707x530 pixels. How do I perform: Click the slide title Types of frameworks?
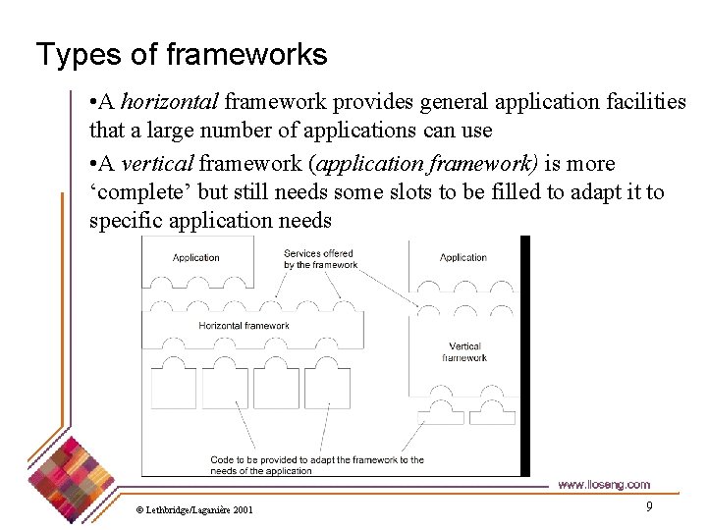182,54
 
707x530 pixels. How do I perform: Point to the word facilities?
636,102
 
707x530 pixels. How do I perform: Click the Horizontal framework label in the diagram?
244,326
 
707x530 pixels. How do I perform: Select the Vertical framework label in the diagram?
464,352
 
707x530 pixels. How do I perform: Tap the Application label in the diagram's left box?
196,258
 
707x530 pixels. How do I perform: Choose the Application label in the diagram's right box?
463,258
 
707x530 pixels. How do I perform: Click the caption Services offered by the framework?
320,259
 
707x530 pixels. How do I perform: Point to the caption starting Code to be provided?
316,465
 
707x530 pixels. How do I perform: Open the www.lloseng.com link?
603,485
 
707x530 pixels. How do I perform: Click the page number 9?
649,506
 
